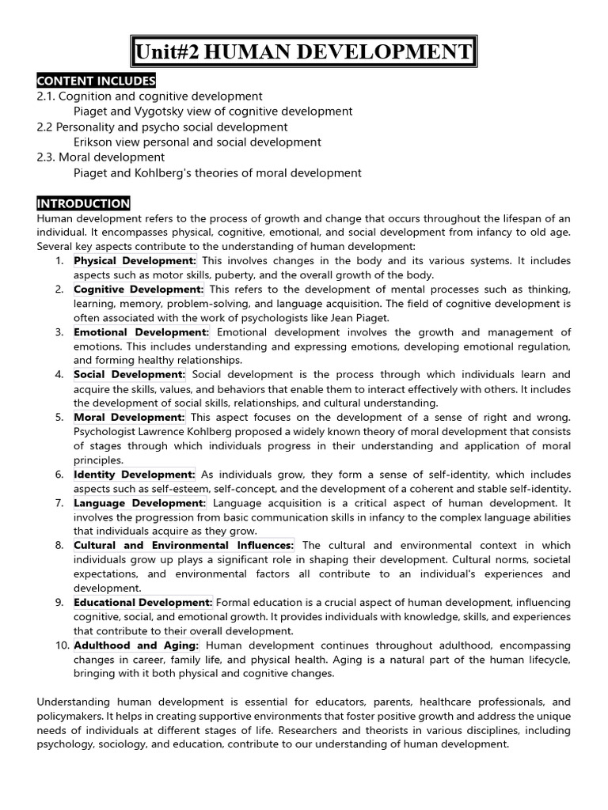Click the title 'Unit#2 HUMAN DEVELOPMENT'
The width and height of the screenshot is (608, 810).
pyautogui.click(x=303, y=53)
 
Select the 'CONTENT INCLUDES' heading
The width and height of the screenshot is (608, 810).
pyautogui.click(x=96, y=81)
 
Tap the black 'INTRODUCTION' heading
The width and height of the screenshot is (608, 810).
pyautogui.click(x=83, y=203)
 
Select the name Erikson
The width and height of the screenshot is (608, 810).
pyautogui.click(x=96, y=142)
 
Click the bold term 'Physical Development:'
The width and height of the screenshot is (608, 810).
pyautogui.click(x=135, y=260)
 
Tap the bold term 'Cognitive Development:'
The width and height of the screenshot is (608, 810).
pyautogui.click(x=139, y=290)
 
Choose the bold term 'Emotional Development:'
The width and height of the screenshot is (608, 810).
pyautogui.click(x=142, y=332)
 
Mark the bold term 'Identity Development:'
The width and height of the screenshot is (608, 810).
pyautogui.click(x=135, y=475)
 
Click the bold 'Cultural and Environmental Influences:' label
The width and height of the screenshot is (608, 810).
pyautogui.click(x=184, y=546)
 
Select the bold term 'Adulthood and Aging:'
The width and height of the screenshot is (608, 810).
pyautogui.click(x=136, y=645)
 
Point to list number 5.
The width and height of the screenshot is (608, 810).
pyautogui.click(x=59, y=418)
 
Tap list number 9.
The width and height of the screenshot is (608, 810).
pyautogui.click(x=59, y=603)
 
